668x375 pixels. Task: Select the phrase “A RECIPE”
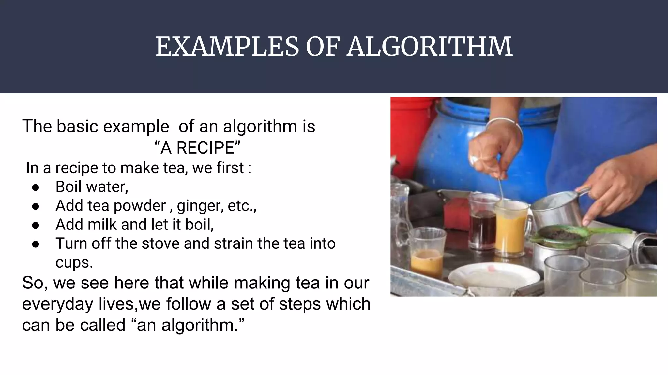[197, 148]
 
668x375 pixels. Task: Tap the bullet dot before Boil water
[36, 187]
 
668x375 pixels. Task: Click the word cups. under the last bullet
[74, 262]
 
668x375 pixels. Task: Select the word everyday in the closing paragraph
[57, 304]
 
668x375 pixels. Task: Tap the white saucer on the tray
[493, 277]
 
